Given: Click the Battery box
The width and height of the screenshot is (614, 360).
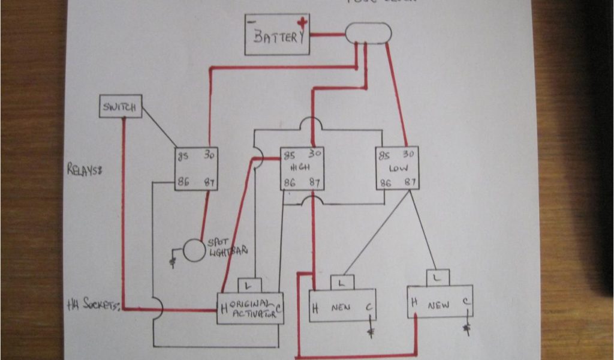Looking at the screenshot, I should pos(277,35).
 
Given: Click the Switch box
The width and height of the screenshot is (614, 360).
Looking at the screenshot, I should pos(120,106).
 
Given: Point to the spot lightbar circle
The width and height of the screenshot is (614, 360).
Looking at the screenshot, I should pos(194,250).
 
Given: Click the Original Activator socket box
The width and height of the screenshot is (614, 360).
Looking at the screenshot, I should pos(251,308).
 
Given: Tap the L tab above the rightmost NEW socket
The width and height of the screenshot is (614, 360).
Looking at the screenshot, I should pos(438,278).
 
